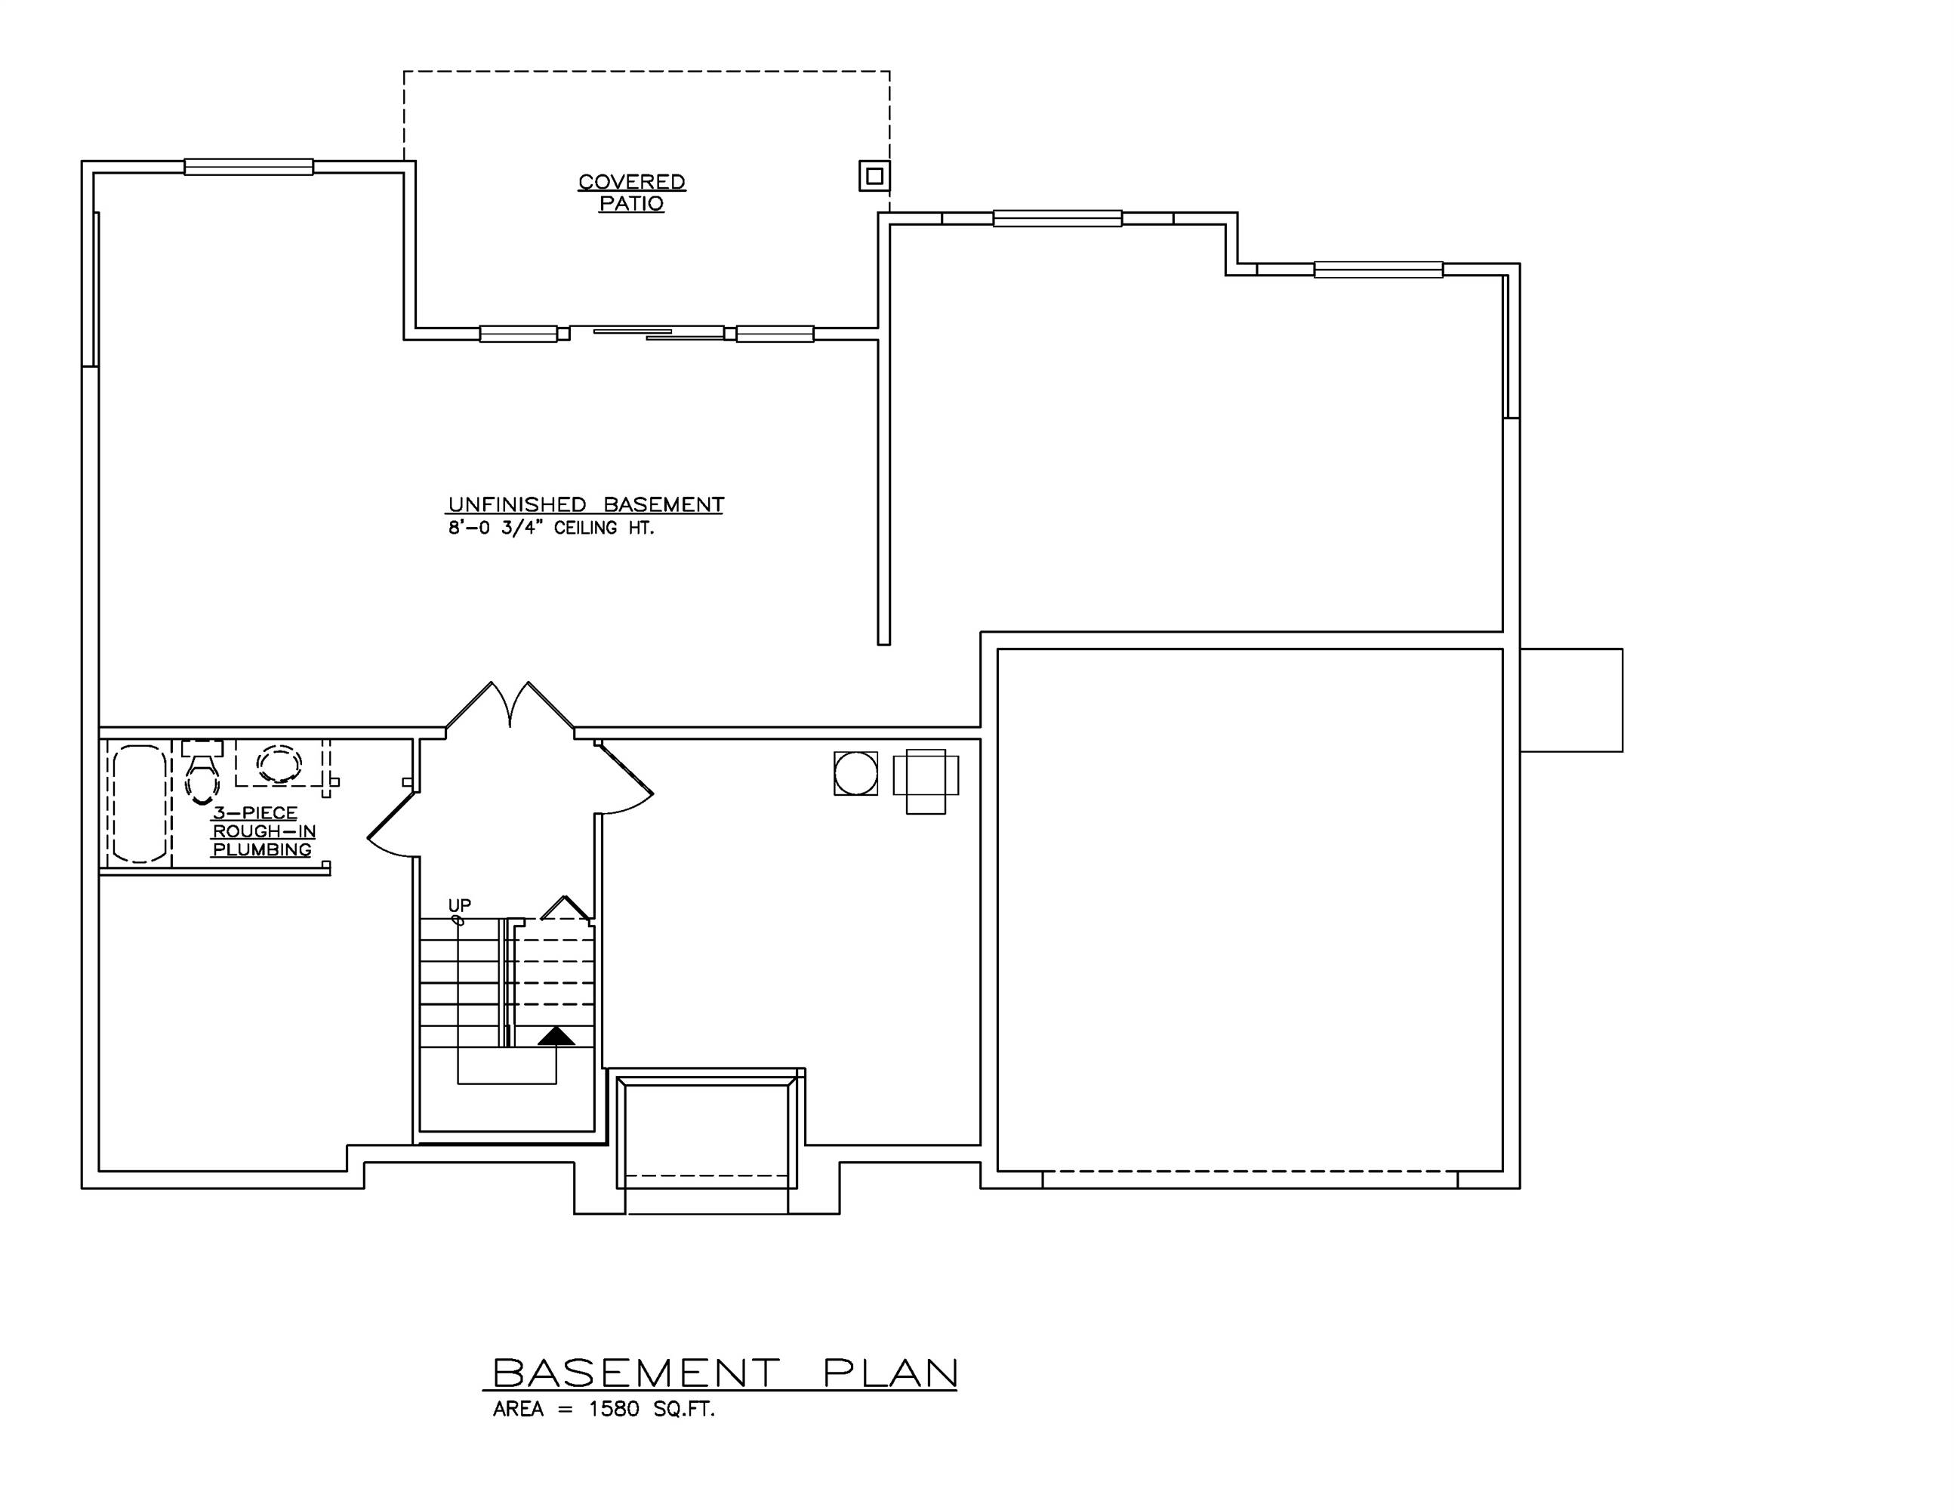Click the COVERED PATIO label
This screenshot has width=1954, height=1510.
click(x=632, y=193)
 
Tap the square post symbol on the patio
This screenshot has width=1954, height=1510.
click(x=874, y=176)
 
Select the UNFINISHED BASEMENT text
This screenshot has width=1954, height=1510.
click(x=585, y=504)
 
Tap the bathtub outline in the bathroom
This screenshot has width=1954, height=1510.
click(x=140, y=803)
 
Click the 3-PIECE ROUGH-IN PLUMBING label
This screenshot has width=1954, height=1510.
click(x=263, y=831)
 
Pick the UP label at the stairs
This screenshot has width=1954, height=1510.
click(x=459, y=905)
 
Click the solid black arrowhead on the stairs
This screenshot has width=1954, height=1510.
click(x=556, y=1036)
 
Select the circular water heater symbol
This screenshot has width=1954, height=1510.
click(x=855, y=773)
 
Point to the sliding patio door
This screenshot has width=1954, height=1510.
click(x=646, y=334)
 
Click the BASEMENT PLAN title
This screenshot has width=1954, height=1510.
click(x=725, y=1373)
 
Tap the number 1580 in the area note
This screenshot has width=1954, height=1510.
click(x=614, y=1410)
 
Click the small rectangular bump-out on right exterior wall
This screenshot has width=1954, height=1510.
click(x=1571, y=700)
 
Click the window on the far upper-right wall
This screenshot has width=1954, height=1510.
click(x=1378, y=270)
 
